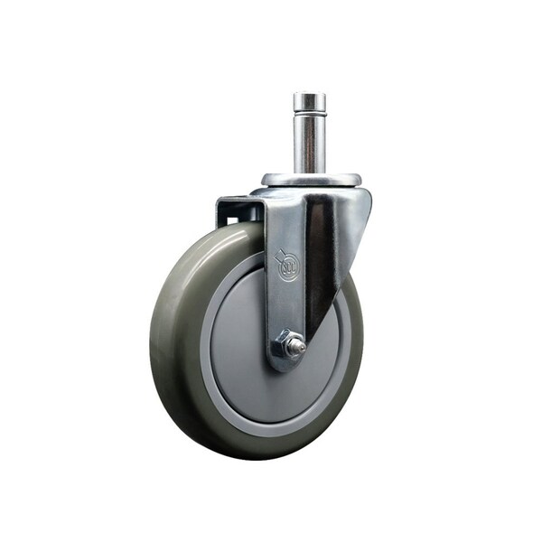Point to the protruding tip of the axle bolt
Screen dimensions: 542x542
pos(299,346)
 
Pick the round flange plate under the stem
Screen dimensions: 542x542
pos(312,180)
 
